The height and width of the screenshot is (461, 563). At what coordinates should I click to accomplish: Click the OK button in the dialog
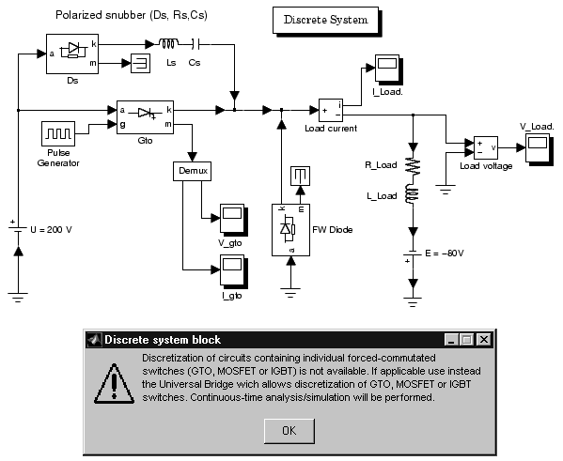pyautogui.click(x=289, y=431)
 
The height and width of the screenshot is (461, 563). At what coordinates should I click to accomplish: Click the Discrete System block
pyautogui.click(x=325, y=20)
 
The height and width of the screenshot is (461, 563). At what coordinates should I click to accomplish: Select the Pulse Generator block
pyautogui.click(x=58, y=133)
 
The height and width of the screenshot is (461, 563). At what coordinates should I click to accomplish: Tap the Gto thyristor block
pyautogui.click(x=145, y=117)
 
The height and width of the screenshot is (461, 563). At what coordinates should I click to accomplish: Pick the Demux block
pyautogui.click(x=192, y=171)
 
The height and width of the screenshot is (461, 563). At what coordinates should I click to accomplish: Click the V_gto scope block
pyautogui.click(x=233, y=219)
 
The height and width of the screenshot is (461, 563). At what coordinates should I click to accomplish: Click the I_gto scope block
pyautogui.click(x=233, y=270)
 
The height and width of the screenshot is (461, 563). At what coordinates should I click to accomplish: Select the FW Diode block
pyautogui.click(x=290, y=230)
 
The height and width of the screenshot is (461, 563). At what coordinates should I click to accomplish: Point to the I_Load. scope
pyautogui.click(x=388, y=69)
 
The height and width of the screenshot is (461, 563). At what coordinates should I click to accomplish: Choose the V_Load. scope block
pyautogui.click(x=539, y=148)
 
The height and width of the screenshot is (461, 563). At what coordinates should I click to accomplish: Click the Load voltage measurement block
pyautogui.click(x=486, y=147)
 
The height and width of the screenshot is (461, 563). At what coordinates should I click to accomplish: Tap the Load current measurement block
pyautogui.click(x=331, y=111)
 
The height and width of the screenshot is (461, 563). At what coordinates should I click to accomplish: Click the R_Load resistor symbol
pyautogui.click(x=413, y=166)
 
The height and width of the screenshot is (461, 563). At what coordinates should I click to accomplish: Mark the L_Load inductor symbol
pyautogui.click(x=413, y=194)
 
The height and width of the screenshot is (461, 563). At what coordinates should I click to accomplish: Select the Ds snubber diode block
pyautogui.click(x=72, y=54)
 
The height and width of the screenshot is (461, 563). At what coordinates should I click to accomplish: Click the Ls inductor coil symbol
pyautogui.click(x=168, y=44)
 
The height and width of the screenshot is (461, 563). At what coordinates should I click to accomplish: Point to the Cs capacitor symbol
pyautogui.click(x=195, y=44)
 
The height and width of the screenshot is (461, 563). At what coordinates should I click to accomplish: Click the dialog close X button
pyautogui.click(x=484, y=339)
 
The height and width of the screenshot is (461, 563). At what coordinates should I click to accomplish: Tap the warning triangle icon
pyautogui.click(x=114, y=384)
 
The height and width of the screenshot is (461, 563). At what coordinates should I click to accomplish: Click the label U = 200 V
pyautogui.click(x=51, y=230)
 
